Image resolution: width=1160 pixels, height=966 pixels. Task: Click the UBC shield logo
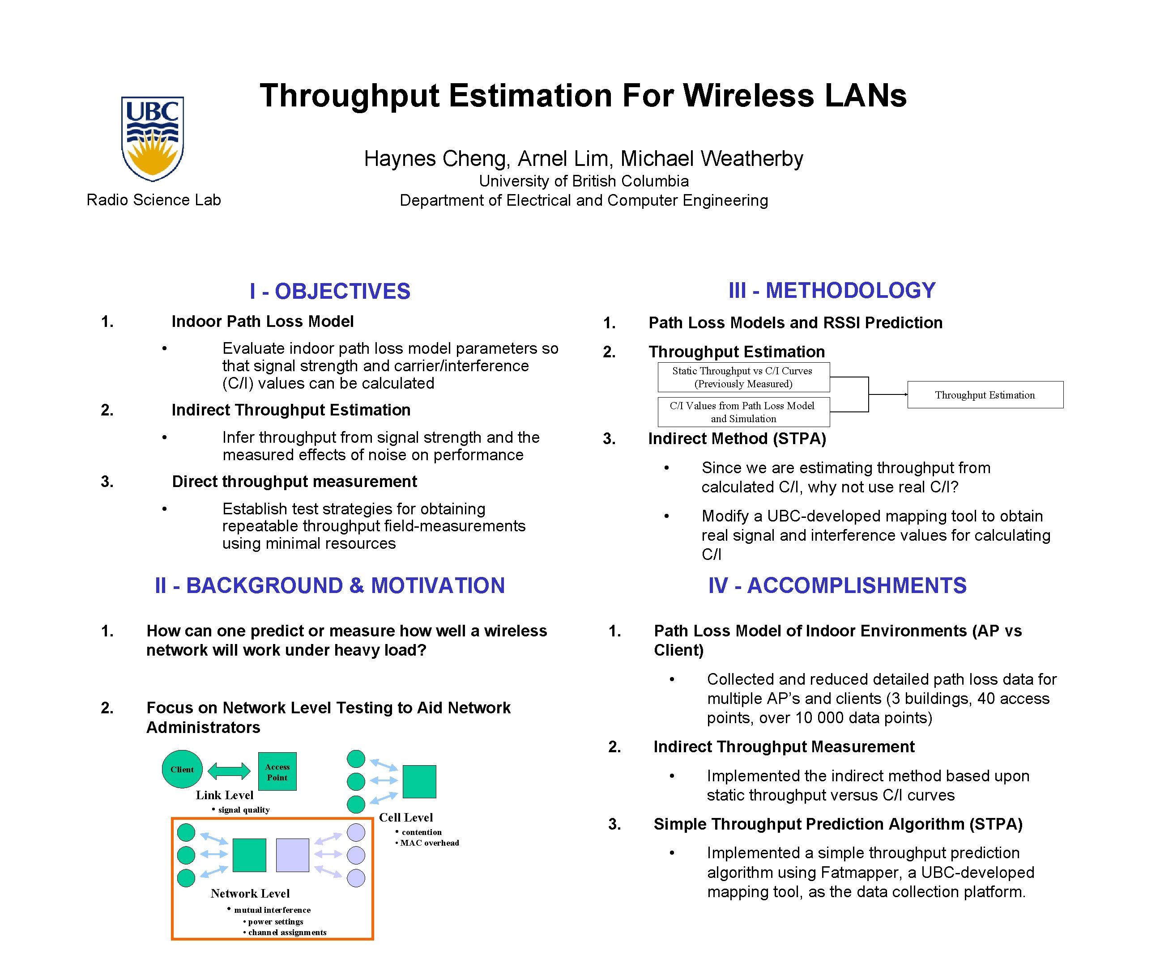tap(153, 139)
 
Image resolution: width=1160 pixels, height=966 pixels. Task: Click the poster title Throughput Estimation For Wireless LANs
tap(583, 96)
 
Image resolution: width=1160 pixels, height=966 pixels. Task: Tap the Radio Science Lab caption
tap(154, 200)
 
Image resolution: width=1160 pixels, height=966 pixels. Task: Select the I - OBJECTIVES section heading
tap(330, 292)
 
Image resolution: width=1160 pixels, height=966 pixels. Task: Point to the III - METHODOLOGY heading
tap(832, 290)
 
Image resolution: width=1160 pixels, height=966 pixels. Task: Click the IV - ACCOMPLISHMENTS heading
tap(837, 586)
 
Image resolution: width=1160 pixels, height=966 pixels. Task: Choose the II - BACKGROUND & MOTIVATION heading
tap(330, 586)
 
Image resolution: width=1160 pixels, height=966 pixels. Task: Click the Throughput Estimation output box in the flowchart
tap(985, 395)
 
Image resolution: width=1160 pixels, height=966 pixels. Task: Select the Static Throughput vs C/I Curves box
tap(743, 377)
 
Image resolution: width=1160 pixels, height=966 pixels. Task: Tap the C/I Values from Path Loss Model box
tap(743, 412)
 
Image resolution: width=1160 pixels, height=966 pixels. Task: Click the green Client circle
tap(182, 769)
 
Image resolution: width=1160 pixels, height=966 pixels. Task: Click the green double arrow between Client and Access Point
tap(229, 771)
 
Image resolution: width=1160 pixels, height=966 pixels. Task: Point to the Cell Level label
tap(406, 818)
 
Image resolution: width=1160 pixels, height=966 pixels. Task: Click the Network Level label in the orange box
tap(250, 893)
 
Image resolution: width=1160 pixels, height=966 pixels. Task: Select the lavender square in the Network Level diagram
tap(292, 855)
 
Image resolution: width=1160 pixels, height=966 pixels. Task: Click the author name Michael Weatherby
tap(712, 159)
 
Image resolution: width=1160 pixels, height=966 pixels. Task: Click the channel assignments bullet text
tap(287, 932)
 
